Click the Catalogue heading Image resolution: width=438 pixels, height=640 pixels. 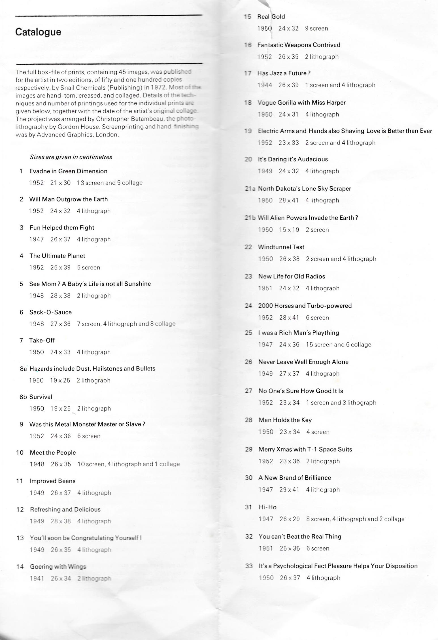tap(38, 32)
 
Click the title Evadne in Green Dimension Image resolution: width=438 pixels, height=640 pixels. tap(68, 171)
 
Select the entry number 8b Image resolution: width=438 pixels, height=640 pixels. tap(23, 397)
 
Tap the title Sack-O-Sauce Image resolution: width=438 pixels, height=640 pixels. tap(50, 312)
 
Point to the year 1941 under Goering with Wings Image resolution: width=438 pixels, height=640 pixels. tap(37, 578)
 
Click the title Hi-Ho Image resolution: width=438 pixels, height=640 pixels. tap(267, 507)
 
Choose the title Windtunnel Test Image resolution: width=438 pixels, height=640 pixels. tap(281, 247)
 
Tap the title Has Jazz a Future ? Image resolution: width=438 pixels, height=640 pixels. tap(284, 73)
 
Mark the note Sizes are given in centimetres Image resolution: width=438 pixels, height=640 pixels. tap(71, 157)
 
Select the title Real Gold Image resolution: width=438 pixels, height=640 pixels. tap(271, 17)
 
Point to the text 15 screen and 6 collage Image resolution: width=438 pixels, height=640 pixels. tap(338, 345)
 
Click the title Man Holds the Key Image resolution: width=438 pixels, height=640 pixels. tap(285, 420)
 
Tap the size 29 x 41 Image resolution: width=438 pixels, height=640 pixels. tap(289, 490)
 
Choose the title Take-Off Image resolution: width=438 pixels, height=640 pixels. tap(42, 340)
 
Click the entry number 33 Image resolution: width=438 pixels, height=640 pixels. tap(249, 566)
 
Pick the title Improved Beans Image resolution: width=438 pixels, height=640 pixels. tap(52, 481)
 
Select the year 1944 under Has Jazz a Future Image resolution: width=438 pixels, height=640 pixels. tap(265, 85)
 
